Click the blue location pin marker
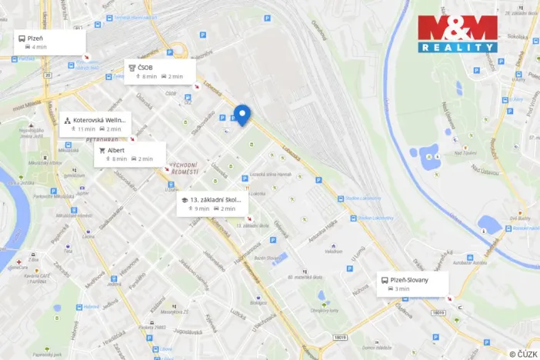point(242,115)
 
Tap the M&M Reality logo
point(457,34)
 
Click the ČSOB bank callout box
point(161,72)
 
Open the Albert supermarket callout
point(129,155)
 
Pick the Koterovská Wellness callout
point(98,124)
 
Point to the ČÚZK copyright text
point(522,354)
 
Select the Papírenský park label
point(47,355)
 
